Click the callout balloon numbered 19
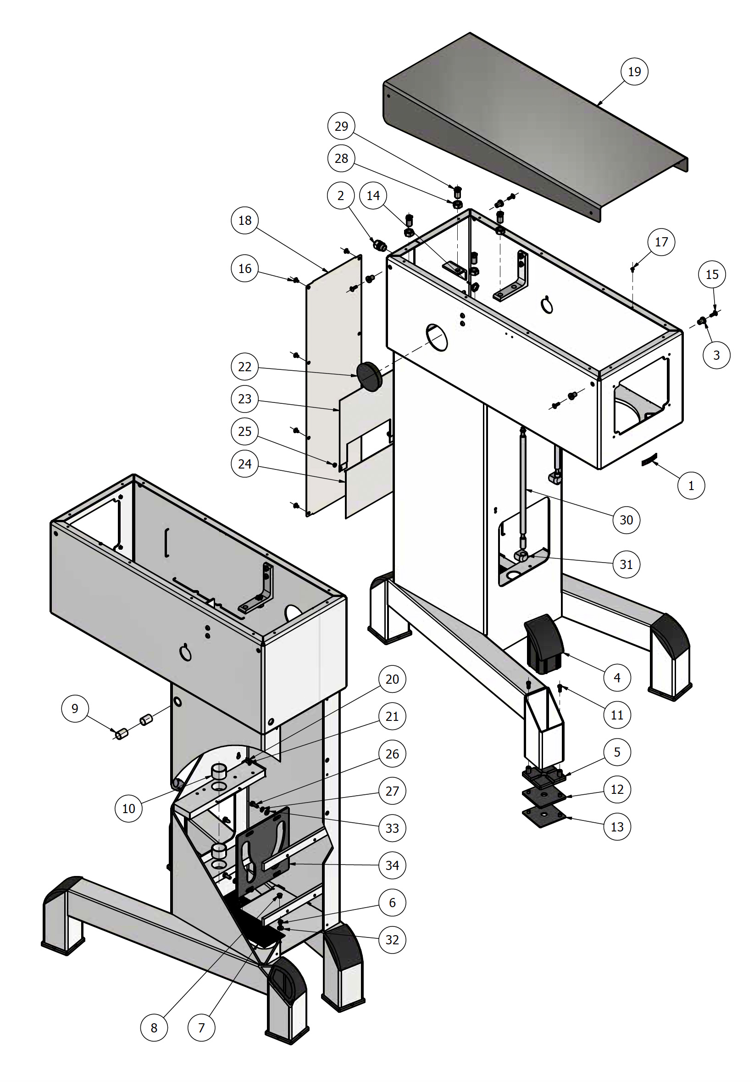pos(634,72)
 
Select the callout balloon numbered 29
pos(341,126)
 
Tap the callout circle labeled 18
pos(244,220)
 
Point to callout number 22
pos(244,366)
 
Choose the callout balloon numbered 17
pos(661,242)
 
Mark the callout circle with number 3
pos(716,355)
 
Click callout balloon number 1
pos(691,485)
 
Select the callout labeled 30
pos(626,520)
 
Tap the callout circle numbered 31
pos(626,564)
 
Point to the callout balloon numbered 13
pos(617,826)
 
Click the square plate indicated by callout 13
pos(544,816)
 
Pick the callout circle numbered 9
pos(75,708)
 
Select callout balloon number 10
pos(128,809)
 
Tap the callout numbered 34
pos(392,865)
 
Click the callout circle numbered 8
pos(154,1028)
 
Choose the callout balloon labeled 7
pos(201,1028)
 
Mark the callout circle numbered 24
pos(244,464)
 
